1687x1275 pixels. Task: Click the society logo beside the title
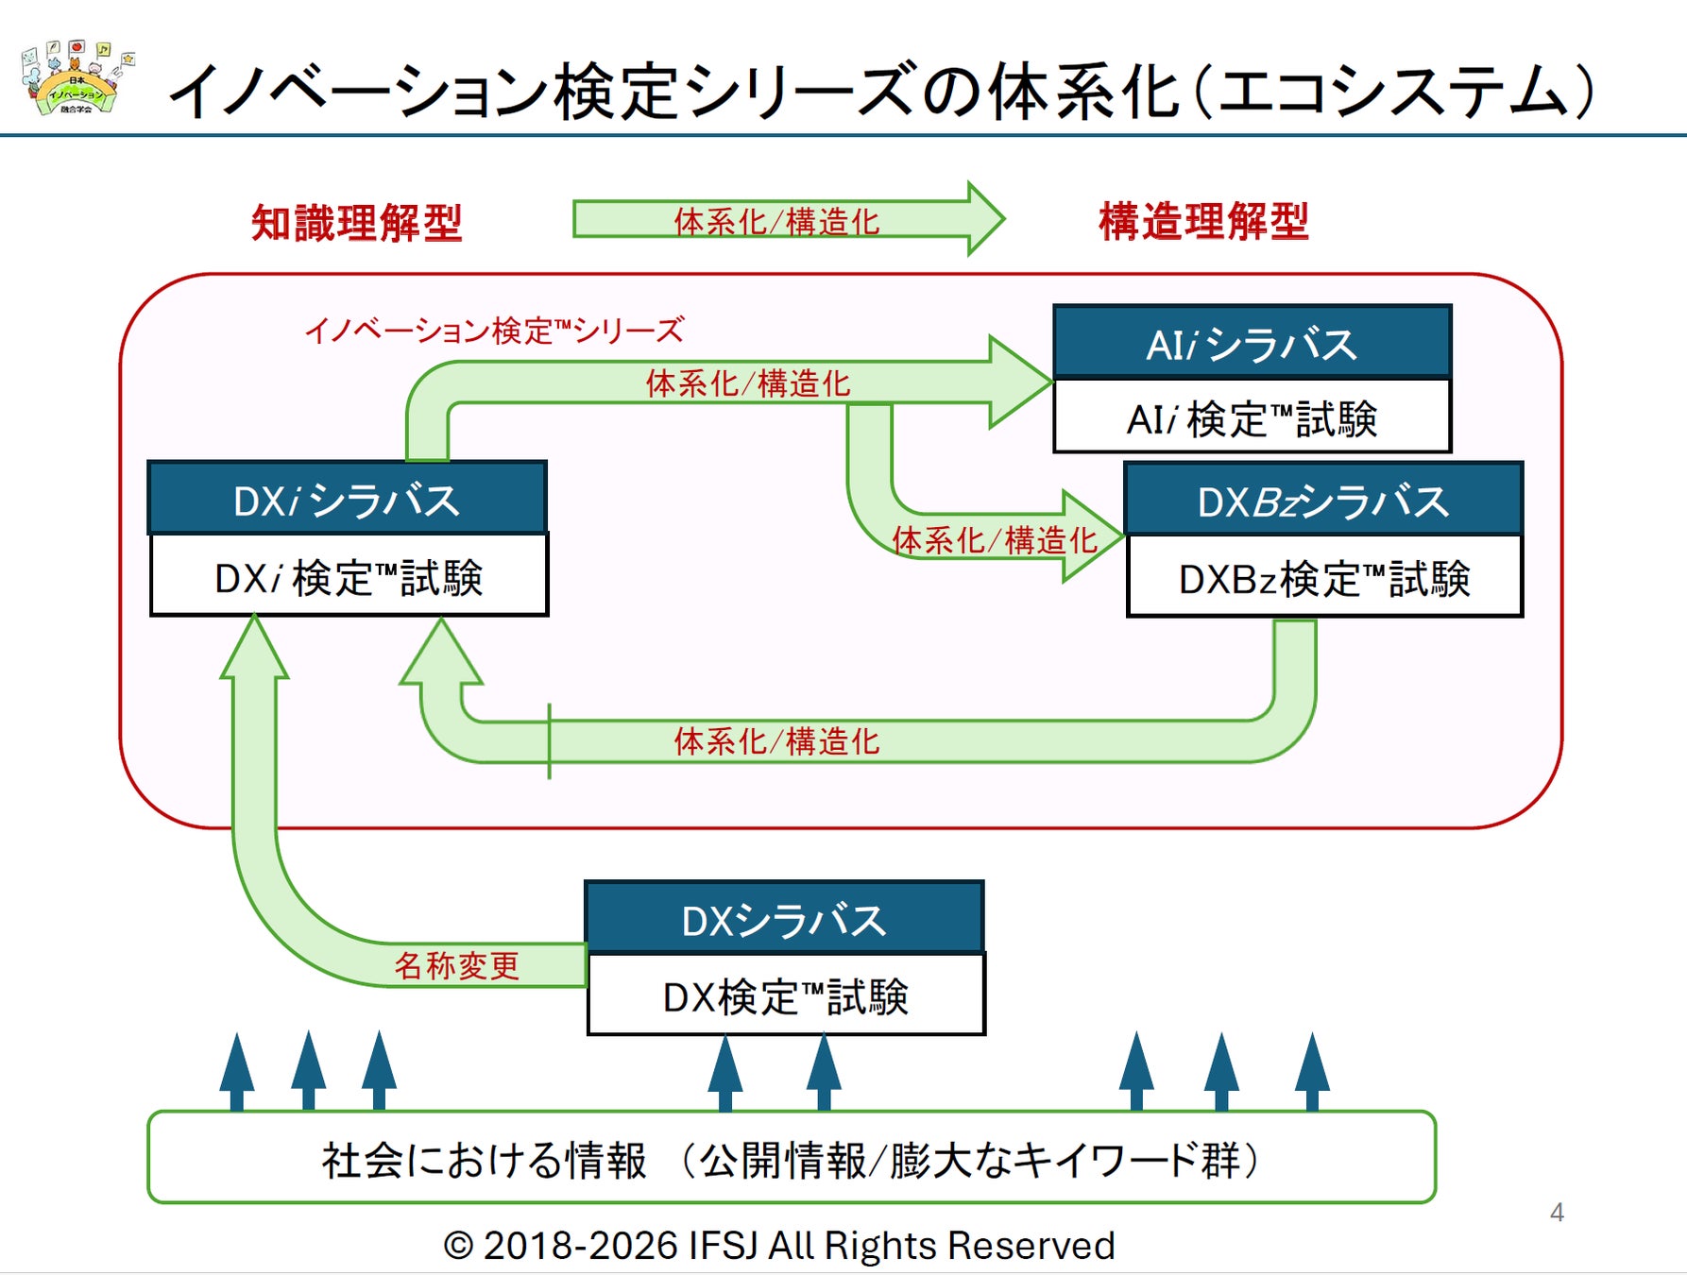[x=76, y=79]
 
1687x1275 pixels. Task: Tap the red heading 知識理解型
[x=357, y=224]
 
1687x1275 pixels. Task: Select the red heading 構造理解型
[x=1203, y=222]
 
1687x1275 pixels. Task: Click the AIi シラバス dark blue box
[x=1252, y=343]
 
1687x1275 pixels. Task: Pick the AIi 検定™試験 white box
[x=1252, y=418]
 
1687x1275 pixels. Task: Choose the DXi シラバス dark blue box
[x=347, y=500]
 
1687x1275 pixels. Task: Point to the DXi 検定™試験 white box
[x=349, y=577]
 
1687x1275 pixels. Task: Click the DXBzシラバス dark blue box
[x=1323, y=501]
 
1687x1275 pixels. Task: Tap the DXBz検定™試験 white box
[x=1324, y=578]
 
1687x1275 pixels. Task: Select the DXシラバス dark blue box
[x=784, y=919]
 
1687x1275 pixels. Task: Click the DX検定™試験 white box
[x=786, y=996]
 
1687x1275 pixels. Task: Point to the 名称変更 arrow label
[x=457, y=965]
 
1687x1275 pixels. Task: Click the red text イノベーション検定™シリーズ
[x=494, y=331]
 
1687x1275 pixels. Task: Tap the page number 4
[x=1557, y=1212]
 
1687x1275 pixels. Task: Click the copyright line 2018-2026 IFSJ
[x=779, y=1246]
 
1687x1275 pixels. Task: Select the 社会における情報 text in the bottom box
[x=484, y=1160]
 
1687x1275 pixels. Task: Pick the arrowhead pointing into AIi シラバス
[x=1020, y=382]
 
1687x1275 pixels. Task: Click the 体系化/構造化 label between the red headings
[x=776, y=221]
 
